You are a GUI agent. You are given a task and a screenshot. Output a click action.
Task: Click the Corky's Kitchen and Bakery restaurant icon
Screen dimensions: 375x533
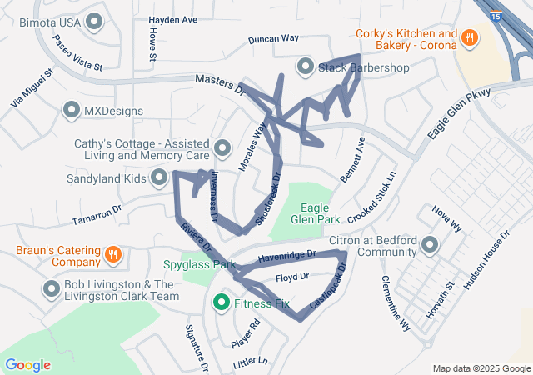[x=470, y=37]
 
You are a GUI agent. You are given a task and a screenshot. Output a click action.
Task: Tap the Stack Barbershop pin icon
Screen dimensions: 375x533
[x=305, y=66]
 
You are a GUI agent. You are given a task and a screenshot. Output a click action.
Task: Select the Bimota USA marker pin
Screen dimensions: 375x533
[x=94, y=22]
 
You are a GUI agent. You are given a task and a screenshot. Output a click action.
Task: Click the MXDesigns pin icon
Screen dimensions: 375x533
[x=72, y=110]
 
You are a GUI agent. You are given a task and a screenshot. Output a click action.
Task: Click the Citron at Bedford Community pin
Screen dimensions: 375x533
[x=430, y=245]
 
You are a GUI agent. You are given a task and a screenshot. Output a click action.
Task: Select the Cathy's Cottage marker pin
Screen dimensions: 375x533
[x=222, y=149]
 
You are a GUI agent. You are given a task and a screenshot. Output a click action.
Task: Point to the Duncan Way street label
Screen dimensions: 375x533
[x=273, y=39]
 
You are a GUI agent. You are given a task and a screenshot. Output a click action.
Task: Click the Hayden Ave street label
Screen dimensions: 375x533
[x=172, y=19]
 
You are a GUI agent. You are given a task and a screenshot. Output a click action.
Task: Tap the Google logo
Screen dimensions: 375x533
[x=27, y=364]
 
